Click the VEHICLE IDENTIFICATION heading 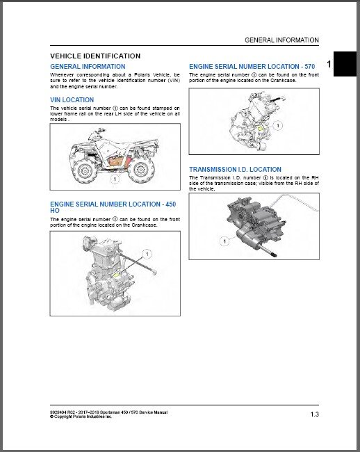95,56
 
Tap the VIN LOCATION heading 72,100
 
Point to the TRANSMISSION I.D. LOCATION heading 235,169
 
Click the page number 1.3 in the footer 314,415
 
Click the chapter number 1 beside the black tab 328,63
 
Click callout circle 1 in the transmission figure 224,241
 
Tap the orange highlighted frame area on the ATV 115,162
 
